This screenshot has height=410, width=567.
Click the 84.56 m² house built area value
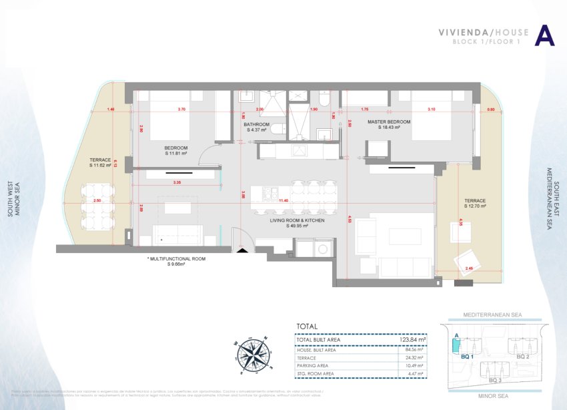(x=416, y=349)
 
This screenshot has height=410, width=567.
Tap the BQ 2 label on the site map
(x=523, y=357)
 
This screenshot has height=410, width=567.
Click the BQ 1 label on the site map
(x=468, y=357)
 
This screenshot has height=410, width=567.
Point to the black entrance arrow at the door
(x=241, y=250)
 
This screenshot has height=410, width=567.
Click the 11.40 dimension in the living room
(x=283, y=200)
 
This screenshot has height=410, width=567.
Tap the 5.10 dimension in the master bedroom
(x=431, y=110)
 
